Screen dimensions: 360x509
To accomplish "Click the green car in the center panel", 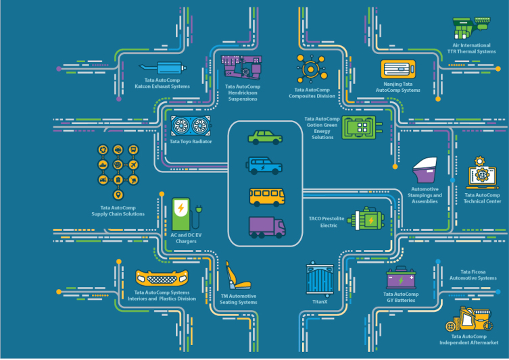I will coord(265,137).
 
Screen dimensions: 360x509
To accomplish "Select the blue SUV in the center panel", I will coord(265,166).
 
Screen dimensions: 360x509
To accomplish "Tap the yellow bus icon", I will coord(266,196).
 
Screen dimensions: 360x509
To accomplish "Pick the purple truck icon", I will coord(266,226).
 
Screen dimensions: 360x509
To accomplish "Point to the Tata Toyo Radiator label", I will coord(191,142).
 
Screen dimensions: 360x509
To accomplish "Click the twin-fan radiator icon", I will coord(191,126).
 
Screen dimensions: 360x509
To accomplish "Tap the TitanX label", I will coord(320,301).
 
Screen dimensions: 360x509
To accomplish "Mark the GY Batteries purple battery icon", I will coord(400,278).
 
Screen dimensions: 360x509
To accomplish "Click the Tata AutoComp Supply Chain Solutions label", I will coord(118,211).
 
